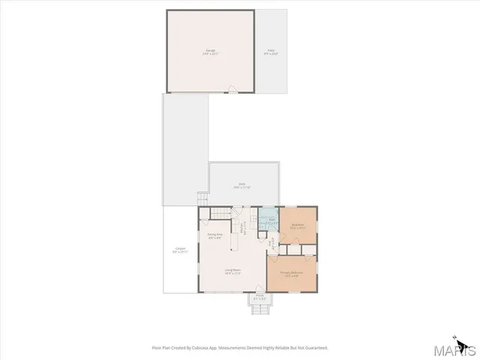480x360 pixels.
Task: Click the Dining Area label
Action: coord(215,235)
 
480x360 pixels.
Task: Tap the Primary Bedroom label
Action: coord(291,273)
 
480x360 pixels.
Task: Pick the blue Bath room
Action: coord(268,221)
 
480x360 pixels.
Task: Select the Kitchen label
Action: coord(242,225)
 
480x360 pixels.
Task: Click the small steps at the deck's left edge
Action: coord(202,199)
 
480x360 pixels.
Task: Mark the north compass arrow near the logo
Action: coord(454,337)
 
